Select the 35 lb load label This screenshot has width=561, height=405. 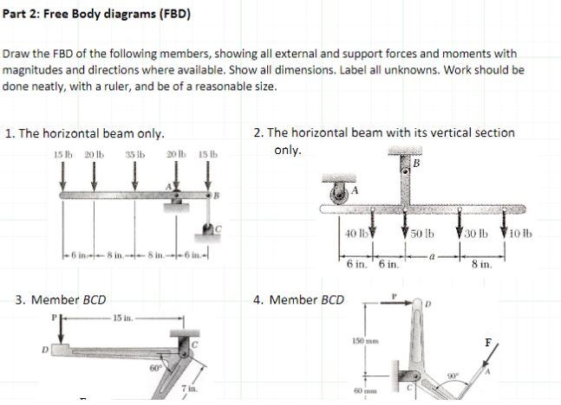tap(134, 154)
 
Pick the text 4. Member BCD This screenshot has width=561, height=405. tap(298, 300)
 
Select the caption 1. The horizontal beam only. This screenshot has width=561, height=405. tap(84, 133)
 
